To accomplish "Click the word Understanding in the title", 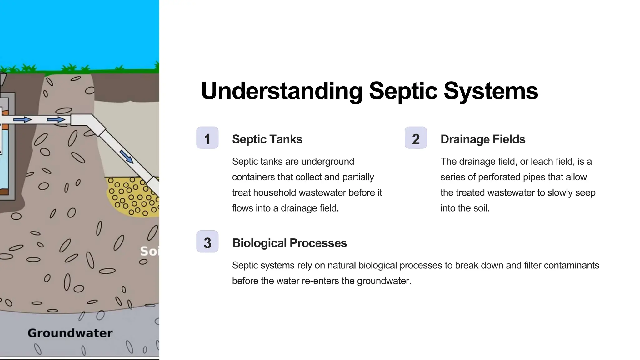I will [282, 91].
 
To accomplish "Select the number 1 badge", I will [207, 138].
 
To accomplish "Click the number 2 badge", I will [416, 138].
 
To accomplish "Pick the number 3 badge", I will [207, 242].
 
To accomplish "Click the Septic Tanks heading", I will [267, 139].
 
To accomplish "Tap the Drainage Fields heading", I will [483, 139].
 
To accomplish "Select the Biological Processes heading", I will [289, 243].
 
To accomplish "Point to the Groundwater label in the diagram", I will [70, 333].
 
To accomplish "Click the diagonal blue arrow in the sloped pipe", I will [127, 156].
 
